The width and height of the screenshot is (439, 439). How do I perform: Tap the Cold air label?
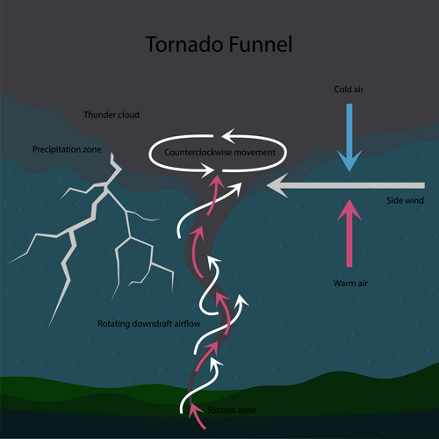pos(349,90)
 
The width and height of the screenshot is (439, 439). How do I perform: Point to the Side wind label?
pos(404,201)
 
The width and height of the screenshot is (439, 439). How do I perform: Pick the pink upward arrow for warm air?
pos(349,233)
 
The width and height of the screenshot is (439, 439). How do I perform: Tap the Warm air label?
pos(349,284)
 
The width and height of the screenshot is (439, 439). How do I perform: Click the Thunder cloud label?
pos(112,115)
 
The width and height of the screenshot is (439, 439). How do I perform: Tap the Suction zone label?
pos(231,410)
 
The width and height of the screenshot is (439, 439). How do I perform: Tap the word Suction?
pos(220,410)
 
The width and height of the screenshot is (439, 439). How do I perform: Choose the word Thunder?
pos(98,115)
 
